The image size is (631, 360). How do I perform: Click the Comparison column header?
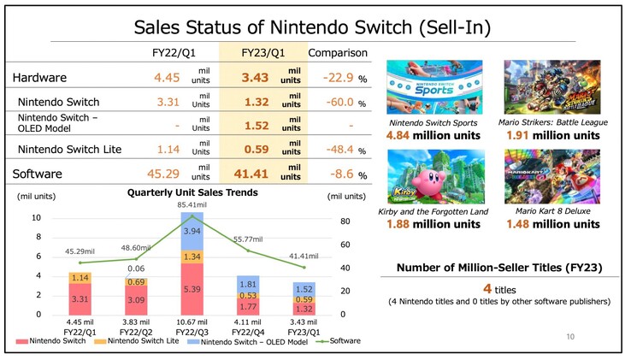pyautogui.click(x=338, y=53)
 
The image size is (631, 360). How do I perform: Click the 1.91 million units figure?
pyautogui.click(x=551, y=135)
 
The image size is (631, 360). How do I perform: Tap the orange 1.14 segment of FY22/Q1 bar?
pyautogui.click(x=80, y=278)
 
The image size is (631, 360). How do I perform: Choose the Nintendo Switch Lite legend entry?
pyautogui.click(x=141, y=342)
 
